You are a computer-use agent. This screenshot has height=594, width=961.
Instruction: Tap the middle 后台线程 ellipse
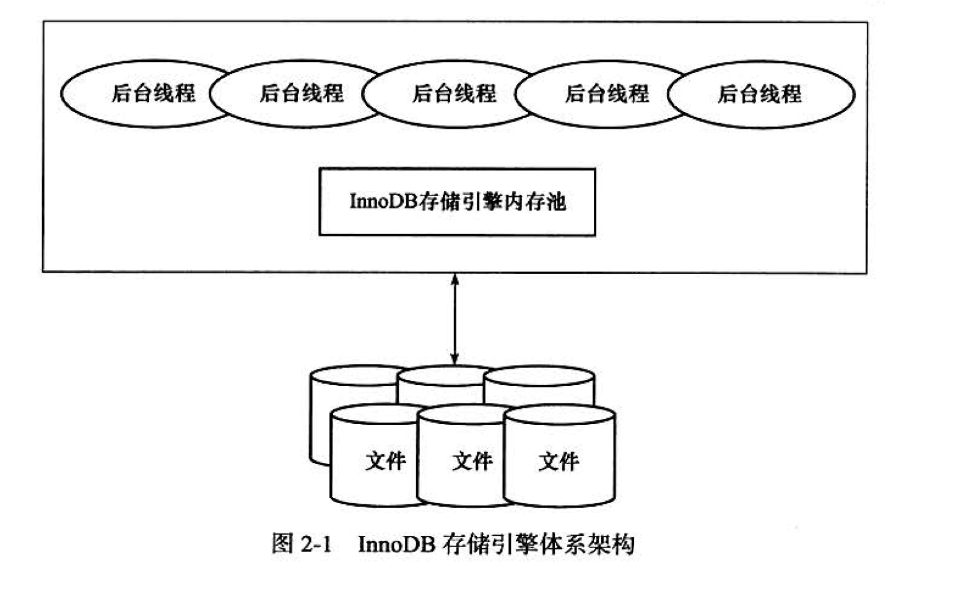[454, 94]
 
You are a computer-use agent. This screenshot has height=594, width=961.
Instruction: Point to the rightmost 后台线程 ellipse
[760, 95]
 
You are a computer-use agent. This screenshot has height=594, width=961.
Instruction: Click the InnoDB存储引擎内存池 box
[457, 202]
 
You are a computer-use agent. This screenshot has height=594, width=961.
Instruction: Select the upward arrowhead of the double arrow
[454, 280]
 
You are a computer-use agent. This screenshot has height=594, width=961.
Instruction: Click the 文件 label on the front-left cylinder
[386, 461]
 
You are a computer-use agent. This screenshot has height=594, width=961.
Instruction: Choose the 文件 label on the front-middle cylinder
[472, 461]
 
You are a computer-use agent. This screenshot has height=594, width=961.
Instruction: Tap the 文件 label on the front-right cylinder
[559, 461]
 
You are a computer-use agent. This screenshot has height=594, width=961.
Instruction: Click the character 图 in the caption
[282, 544]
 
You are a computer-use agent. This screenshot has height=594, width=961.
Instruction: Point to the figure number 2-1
[316, 544]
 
